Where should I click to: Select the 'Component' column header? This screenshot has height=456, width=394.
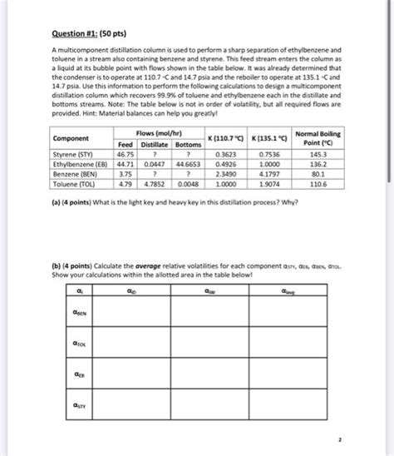tap(70, 137)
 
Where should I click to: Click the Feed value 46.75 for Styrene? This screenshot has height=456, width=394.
tap(126, 154)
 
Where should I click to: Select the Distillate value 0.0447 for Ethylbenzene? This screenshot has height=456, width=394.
tap(155, 165)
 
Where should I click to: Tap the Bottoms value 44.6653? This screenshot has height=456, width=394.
tap(190, 165)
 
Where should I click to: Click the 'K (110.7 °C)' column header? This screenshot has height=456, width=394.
tap(226, 137)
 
